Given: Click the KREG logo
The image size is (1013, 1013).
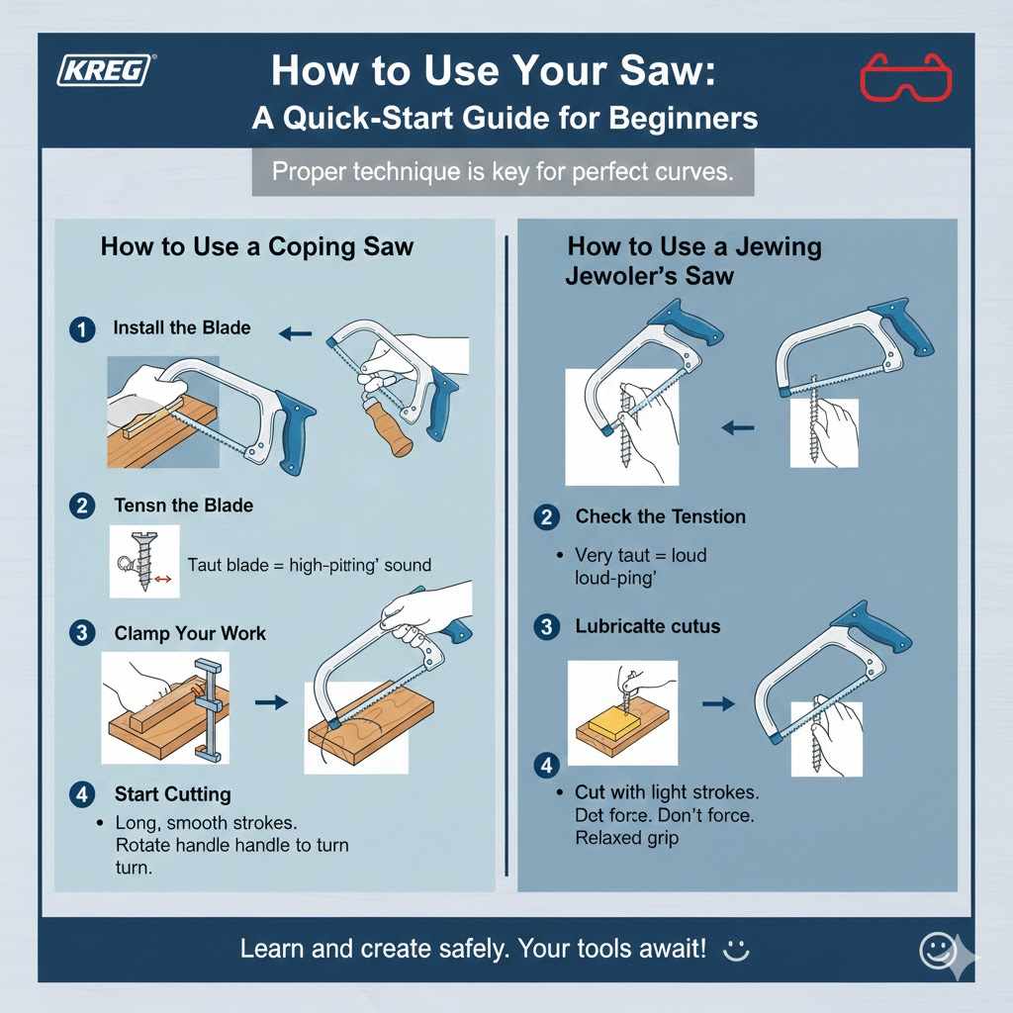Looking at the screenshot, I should point(108,72).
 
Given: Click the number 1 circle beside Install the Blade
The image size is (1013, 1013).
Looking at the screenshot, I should point(82,328).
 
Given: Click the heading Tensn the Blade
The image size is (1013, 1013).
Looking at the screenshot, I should point(183,506).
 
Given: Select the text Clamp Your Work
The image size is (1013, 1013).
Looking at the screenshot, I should point(190,633).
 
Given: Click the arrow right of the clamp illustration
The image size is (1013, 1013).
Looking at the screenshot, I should point(270,702).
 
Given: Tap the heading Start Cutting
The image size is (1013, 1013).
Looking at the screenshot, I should point(172,793).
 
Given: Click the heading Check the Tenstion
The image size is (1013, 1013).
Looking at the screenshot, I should point(660,516).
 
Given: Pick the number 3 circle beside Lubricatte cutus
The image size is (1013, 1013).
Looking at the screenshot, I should point(545,626).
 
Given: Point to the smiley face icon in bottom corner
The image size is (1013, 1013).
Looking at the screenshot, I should point(936,950).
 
